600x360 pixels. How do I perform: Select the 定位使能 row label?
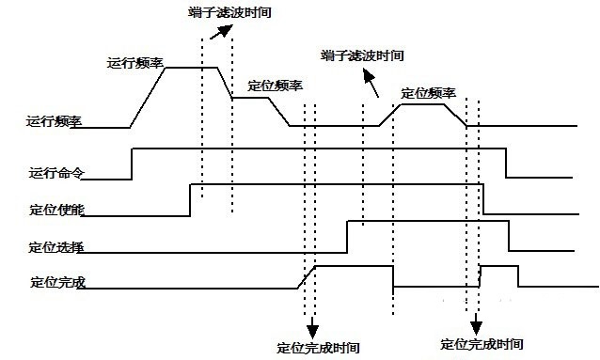56,209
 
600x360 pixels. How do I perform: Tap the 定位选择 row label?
56,246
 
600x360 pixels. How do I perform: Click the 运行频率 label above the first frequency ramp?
136,64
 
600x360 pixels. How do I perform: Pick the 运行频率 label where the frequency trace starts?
55,121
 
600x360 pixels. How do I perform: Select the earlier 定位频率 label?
275,86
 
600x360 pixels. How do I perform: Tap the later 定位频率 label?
428,93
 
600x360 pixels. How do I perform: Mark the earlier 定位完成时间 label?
320,346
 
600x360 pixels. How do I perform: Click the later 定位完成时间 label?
482,344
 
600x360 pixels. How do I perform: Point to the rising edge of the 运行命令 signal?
132,163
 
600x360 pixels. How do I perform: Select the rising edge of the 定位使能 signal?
191,199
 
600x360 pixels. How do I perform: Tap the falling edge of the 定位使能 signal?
483,199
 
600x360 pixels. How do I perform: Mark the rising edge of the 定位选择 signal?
347,236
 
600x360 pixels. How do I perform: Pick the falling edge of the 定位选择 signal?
509,236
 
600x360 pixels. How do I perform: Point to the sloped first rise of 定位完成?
306,276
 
